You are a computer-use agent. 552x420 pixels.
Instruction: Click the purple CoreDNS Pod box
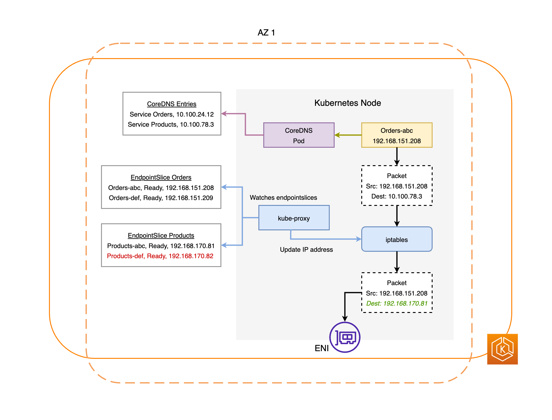(x=299, y=135)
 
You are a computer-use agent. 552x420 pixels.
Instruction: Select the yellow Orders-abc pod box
(x=397, y=135)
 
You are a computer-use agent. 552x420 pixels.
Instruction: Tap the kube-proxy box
(x=294, y=218)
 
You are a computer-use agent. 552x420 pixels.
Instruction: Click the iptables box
(x=397, y=239)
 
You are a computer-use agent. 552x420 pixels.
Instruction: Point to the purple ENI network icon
(x=345, y=337)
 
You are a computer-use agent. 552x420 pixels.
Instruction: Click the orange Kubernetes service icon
(x=502, y=349)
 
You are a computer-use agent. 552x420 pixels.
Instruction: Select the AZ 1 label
(x=266, y=33)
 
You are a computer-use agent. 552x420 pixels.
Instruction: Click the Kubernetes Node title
(x=347, y=103)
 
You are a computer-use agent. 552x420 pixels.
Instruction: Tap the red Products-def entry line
(x=160, y=256)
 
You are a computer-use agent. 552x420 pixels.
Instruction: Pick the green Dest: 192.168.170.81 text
(x=397, y=303)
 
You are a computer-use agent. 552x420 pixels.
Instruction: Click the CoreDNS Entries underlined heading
(x=172, y=104)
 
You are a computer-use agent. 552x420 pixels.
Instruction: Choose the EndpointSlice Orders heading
(x=161, y=177)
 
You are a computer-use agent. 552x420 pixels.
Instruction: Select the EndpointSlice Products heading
(x=161, y=236)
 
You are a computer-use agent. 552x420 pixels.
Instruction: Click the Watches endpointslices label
(x=284, y=198)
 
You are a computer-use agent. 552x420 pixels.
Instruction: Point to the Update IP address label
(x=306, y=250)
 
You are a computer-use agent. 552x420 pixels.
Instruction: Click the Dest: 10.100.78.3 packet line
(x=397, y=196)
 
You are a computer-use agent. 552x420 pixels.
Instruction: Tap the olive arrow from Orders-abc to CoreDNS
(x=348, y=135)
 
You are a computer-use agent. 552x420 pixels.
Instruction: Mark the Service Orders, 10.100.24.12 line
(x=172, y=114)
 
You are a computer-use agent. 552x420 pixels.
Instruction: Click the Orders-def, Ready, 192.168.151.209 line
(x=161, y=198)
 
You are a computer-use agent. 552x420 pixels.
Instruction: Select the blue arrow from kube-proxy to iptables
(x=325, y=239)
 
